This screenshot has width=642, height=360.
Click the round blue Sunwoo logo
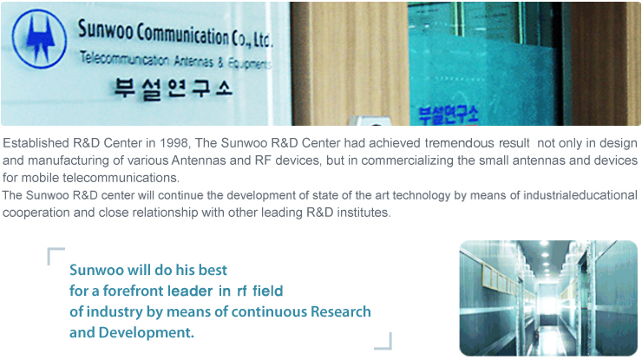click(39, 38)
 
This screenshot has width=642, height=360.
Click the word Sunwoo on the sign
click(105, 29)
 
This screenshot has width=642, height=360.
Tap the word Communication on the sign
click(182, 35)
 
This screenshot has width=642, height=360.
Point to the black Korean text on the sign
click(174, 88)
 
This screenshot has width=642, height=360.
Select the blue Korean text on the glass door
click(449, 115)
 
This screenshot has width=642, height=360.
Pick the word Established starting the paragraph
click(36, 143)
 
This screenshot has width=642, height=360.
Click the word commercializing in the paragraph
click(408, 160)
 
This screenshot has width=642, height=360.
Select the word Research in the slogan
click(341, 311)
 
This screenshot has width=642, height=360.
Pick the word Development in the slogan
click(146, 332)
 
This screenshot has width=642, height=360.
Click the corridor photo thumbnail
click(548, 298)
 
